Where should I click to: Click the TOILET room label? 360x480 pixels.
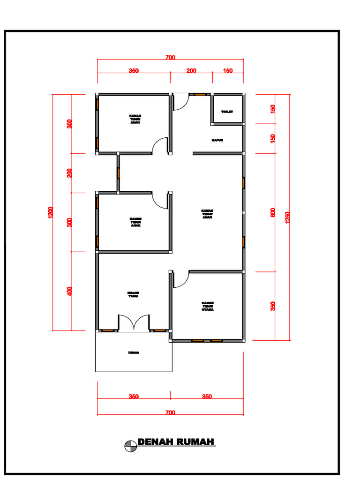point(227,111)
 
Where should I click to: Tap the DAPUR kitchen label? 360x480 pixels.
point(217,140)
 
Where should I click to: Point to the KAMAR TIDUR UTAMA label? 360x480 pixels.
point(208,306)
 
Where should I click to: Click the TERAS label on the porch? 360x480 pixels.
point(133,352)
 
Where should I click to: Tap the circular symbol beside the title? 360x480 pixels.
point(130,447)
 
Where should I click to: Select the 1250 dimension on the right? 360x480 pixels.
point(287,217)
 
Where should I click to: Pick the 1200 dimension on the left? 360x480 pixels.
point(50,212)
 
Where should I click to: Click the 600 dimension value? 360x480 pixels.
point(273,212)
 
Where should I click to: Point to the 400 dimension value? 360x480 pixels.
point(69,291)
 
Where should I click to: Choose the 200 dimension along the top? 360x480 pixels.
point(191,71)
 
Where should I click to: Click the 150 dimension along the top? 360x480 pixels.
point(228,71)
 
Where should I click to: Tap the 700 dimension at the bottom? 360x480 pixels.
point(170,413)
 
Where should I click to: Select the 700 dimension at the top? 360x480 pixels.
point(170,58)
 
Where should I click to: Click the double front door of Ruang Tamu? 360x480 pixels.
point(134,323)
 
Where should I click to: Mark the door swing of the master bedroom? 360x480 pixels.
point(180,280)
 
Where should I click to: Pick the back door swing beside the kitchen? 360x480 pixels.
point(180,102)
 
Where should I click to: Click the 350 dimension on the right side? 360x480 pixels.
point(273,306)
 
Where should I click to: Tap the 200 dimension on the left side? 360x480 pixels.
point(69,173)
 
